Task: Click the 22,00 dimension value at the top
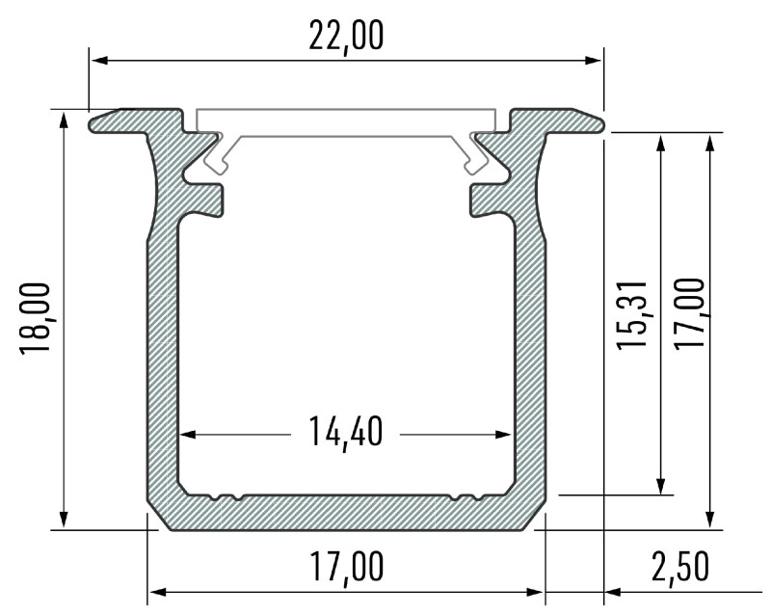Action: pos(346,36)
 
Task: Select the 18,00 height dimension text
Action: pos(36,319)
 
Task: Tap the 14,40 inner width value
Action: pos(346,433)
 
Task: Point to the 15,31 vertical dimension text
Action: pos(632,315)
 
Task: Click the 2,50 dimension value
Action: pos(680,567)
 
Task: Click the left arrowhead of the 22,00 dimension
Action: pos(97,61)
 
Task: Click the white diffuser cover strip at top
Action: pos(347,121)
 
